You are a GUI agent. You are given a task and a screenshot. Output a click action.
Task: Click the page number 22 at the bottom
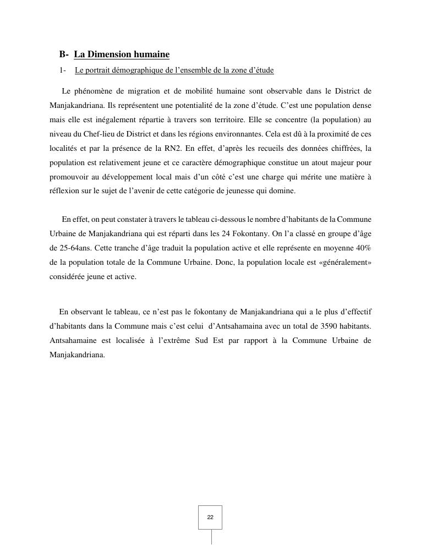coord(210,517)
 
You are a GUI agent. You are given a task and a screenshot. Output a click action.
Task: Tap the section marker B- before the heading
coord(64,54)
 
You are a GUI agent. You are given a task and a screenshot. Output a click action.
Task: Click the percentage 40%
coord(364,248)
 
